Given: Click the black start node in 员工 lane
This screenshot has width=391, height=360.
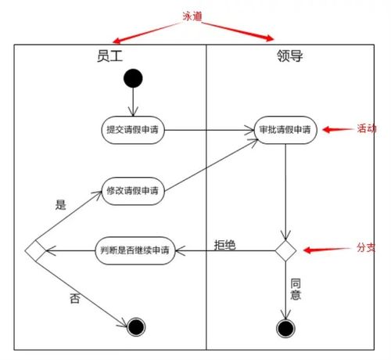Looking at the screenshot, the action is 133,78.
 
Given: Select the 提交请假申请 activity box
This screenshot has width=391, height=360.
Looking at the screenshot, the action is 133,130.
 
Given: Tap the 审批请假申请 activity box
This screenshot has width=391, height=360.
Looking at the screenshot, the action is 285,130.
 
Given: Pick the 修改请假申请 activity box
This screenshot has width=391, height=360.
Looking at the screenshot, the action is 133,191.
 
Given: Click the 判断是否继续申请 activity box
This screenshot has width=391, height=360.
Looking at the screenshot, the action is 135,250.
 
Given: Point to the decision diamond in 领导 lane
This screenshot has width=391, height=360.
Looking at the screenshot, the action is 285,250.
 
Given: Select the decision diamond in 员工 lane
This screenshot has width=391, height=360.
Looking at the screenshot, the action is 35,250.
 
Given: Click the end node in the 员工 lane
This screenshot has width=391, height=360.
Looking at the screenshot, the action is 136,327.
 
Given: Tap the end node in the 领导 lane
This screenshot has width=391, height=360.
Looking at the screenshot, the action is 285,329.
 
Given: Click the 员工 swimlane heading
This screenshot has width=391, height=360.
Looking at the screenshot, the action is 109,56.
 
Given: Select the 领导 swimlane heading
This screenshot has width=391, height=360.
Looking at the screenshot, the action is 290,56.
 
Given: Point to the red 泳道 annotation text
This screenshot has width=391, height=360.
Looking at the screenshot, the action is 192,16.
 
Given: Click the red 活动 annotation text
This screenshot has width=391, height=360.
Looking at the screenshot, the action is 367,128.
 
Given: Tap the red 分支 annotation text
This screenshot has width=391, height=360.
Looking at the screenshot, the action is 366,247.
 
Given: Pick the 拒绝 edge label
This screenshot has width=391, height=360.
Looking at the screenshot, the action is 225,245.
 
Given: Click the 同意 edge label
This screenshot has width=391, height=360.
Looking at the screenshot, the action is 296,290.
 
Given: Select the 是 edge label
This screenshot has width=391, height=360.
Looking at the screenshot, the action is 61,205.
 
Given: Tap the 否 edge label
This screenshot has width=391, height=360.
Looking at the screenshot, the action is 75,298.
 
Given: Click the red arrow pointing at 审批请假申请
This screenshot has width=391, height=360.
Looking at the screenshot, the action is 338,129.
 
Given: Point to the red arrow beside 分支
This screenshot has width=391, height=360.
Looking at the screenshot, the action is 327,250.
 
